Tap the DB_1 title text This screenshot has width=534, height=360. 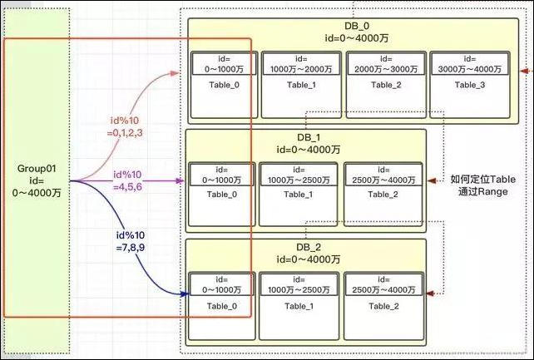[304, 137]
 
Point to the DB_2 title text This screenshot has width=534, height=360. [304, 247]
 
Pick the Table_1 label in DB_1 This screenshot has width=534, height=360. [299, 195]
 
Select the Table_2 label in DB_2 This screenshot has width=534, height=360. [383, 305]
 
